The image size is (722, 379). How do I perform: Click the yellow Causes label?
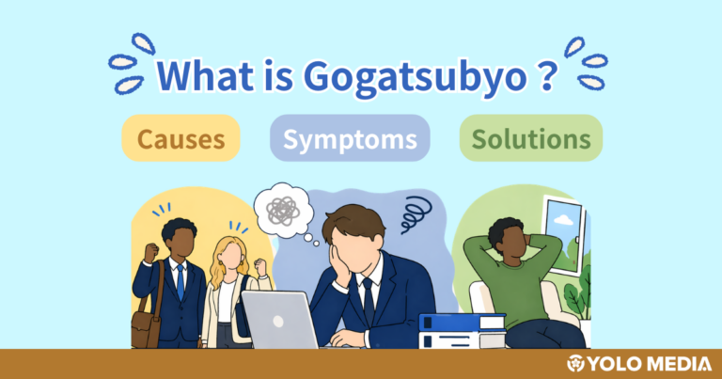[x=180, y=139]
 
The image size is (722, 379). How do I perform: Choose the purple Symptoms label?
[x=350, y=139]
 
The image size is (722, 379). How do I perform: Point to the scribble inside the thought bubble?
[x=280, y=210]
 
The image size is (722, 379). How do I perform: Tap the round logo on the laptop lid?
[x=278, y=319]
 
